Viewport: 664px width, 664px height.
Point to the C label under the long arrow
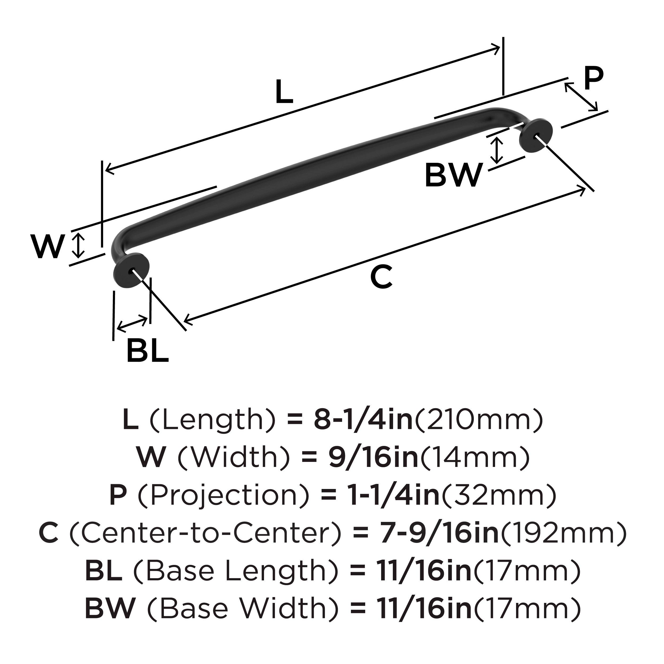point(381,277)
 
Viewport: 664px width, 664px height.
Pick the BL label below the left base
point(148,351)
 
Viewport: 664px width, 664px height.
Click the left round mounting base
point(131,271)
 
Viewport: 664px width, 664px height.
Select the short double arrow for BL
point(132,324)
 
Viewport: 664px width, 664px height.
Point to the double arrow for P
point(581,97)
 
